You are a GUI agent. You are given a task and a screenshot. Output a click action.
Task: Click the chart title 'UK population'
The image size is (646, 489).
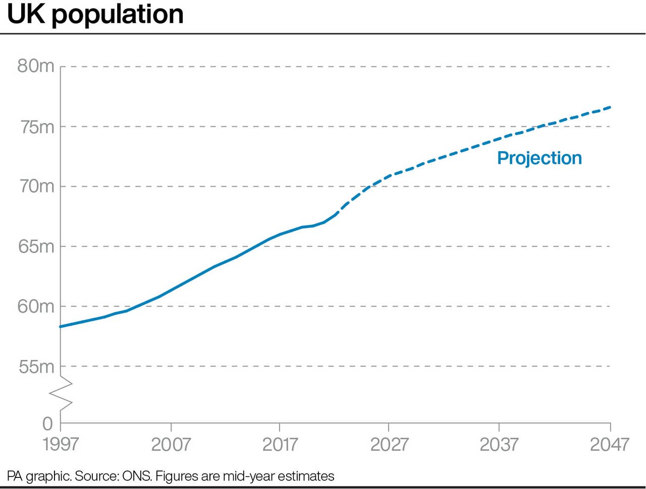point(95,14)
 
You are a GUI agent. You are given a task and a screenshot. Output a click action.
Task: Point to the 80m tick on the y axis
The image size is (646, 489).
point(36,66)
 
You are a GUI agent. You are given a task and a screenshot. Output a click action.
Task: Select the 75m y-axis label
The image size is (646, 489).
point(36,127)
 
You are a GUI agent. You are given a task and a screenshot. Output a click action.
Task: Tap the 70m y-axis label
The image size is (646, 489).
point(36,187)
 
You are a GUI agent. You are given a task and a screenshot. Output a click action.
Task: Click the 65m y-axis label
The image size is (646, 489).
point(36,247)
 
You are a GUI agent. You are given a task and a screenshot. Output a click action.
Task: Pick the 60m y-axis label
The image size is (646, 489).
point(36,307)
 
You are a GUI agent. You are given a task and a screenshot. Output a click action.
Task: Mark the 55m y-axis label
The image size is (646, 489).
point(36,366)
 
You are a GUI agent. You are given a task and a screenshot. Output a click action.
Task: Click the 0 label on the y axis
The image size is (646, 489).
point(47,424)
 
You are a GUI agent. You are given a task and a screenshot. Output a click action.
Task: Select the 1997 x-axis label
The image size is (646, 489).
point(61,444)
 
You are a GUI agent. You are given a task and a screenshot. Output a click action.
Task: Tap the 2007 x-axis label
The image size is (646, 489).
point(171,444)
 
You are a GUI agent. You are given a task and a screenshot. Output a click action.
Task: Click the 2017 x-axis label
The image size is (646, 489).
point(280,444)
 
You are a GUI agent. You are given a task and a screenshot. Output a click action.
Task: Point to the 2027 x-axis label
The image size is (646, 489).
point(389,444)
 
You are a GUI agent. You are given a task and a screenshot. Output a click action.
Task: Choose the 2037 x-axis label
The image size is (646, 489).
point(499,444)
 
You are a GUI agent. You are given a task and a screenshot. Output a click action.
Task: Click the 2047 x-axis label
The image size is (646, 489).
point(610,444)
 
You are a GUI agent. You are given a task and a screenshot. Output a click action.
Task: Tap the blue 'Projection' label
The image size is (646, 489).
point(540,158)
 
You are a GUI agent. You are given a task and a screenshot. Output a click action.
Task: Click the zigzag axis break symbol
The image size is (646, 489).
point(61,393)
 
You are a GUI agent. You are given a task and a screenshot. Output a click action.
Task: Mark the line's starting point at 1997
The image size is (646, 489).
point(61,327)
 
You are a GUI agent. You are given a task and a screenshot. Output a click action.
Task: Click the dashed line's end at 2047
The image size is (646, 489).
point(610,107)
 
